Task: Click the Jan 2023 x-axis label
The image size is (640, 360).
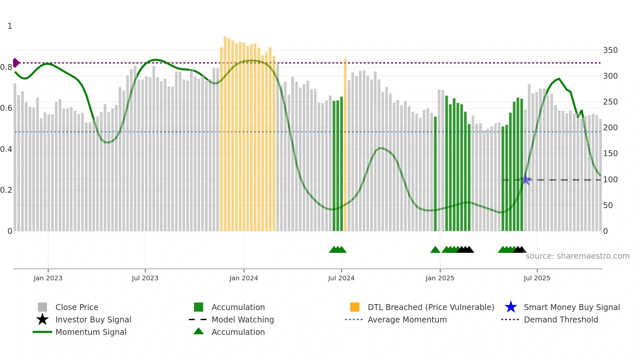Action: pos(48,278)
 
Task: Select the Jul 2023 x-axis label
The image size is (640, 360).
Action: pos(145,278)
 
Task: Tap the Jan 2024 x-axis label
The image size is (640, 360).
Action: pos(244,278)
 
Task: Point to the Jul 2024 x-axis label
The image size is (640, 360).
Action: pos(341,278)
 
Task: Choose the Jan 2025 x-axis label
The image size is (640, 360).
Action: pos(440,278)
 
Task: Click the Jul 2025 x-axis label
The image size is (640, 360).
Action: pos(537,278)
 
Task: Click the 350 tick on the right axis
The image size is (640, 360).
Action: pos(610,50)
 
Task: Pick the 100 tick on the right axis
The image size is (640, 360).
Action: pos(610,180)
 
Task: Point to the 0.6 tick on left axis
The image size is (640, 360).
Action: pos(6,108)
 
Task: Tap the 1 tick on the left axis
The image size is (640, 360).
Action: pos(10,26)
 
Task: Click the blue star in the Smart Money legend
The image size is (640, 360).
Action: pos(511,307)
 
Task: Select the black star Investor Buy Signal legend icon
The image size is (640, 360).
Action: pos(42,319)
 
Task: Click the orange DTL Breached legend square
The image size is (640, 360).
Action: pos(355,307)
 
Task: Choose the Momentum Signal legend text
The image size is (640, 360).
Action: pos(91,332)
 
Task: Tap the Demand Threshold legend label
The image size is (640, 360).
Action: pos(561,319)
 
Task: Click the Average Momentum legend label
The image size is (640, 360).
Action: pos(407,319)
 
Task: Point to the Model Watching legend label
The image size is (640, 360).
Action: pos(243,319)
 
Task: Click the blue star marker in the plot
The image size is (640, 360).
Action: pos(526,180)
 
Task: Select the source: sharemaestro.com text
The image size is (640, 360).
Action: pos(577,256)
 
